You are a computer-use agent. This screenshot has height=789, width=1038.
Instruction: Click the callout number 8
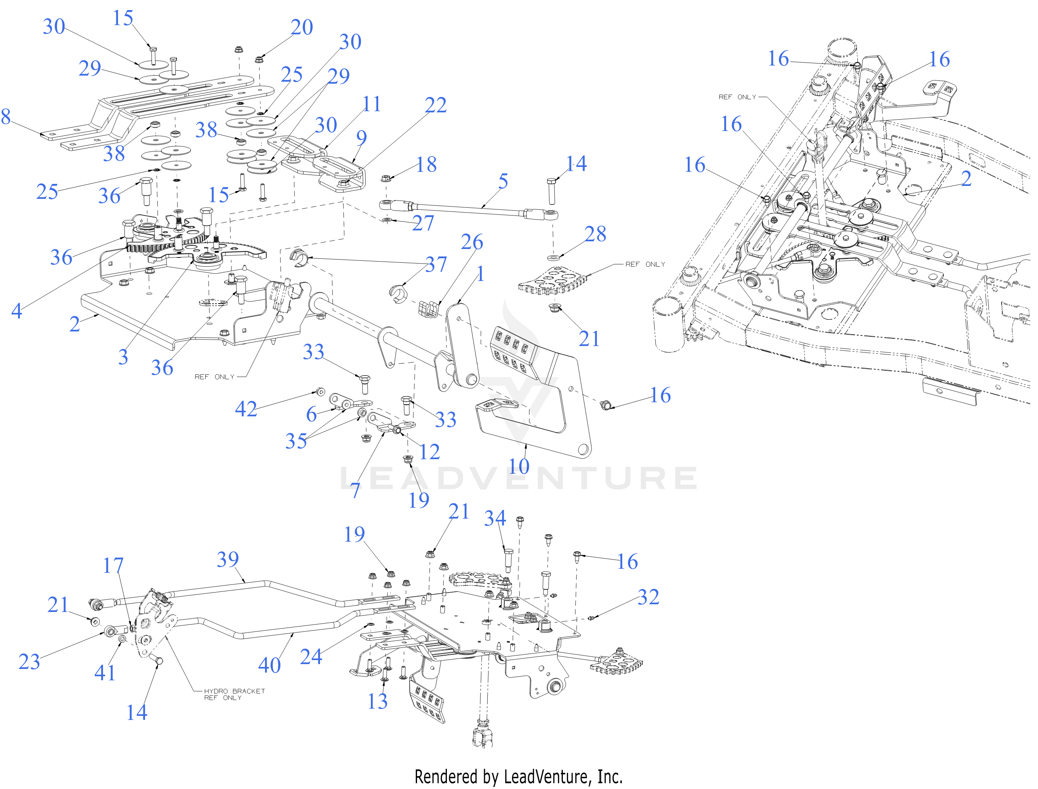(6, 116)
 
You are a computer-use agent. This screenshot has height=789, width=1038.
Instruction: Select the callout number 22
(435, 105)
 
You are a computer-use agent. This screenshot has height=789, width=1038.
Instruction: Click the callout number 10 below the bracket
(519, 466)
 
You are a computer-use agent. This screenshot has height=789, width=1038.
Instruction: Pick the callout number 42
(246, 409)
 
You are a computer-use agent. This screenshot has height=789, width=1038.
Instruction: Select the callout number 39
(228, 559)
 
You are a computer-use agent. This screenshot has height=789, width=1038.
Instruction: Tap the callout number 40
(270, 665)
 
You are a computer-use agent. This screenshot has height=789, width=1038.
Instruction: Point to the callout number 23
(29, 662)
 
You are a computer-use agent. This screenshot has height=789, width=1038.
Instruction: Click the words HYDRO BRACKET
(234, 691)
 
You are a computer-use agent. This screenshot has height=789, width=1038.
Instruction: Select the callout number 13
(377, 701)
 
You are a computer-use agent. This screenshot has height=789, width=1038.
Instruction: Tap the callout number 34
(495, 519)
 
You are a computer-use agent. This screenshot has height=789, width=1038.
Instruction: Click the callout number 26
(472, 242)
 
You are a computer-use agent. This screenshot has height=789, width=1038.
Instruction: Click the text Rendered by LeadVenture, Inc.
(518, 776)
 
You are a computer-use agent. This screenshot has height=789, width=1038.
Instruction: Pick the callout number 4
(17, 311)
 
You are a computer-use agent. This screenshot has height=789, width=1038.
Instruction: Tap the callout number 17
(113, 565)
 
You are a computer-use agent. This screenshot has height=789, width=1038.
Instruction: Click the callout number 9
(361, 137)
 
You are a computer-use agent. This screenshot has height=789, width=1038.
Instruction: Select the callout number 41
(105, 673)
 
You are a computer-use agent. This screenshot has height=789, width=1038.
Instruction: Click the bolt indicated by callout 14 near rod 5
(552, 191)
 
